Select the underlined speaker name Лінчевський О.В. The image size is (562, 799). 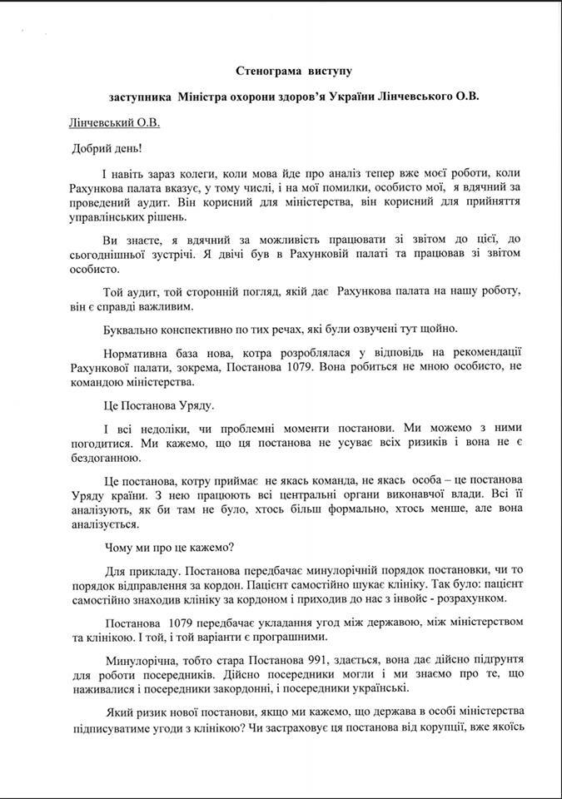click(113, 123)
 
